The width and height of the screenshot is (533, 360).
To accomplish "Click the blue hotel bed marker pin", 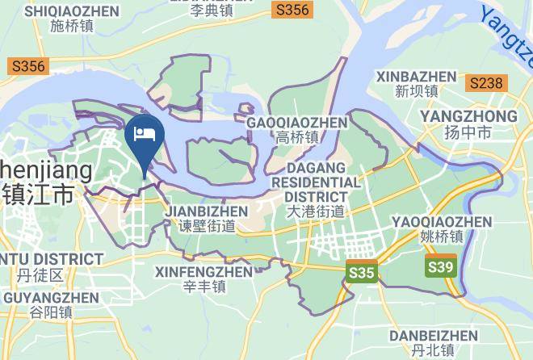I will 145,137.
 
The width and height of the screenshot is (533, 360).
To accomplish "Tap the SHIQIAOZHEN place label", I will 72,11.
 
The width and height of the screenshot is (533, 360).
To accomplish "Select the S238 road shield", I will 486,82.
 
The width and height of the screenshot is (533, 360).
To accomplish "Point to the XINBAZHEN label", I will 416,77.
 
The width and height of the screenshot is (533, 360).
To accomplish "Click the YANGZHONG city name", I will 468,116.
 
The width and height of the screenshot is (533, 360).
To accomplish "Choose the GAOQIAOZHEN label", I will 297,122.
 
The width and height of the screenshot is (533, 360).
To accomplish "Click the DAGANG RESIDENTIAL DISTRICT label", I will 316,182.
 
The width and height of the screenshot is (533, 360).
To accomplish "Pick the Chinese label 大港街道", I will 316,211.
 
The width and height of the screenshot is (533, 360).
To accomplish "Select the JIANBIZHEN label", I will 206,211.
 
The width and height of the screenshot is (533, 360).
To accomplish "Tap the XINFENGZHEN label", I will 204,272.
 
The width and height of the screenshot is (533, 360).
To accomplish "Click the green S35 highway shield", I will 361,272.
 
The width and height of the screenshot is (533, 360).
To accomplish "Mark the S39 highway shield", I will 441,265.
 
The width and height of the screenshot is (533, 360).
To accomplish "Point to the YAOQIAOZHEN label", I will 441,221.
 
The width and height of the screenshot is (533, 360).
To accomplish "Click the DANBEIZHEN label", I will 433,335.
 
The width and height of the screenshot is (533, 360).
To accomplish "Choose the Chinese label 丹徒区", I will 40,275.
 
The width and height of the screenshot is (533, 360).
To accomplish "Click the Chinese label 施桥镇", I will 72,27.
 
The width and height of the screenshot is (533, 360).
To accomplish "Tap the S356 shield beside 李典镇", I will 292,10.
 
